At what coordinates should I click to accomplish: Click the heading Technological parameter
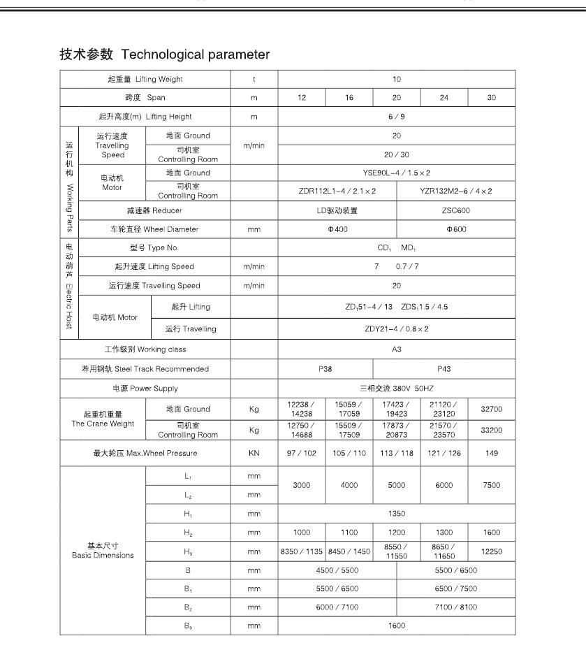tap(166, 55)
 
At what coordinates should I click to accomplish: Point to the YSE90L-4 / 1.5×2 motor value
tap(396, 171)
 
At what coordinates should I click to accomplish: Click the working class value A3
tap(396, 349)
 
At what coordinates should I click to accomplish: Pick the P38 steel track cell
tap(325, 368)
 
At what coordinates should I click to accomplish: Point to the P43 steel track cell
tap(444, 368)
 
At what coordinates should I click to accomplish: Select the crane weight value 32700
tap(492, 409)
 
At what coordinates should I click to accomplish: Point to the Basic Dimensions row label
tap(102, 550)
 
